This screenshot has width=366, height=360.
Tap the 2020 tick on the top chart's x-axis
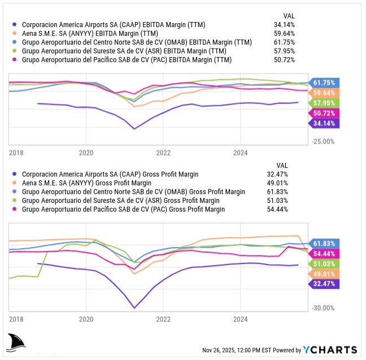(x=86, y=153)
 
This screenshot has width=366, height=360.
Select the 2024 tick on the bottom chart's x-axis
(x=241, y=319)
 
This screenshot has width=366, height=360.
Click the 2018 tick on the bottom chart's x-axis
(x=17, y=319)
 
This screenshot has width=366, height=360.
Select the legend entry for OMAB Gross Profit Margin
(x=133, y=192)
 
